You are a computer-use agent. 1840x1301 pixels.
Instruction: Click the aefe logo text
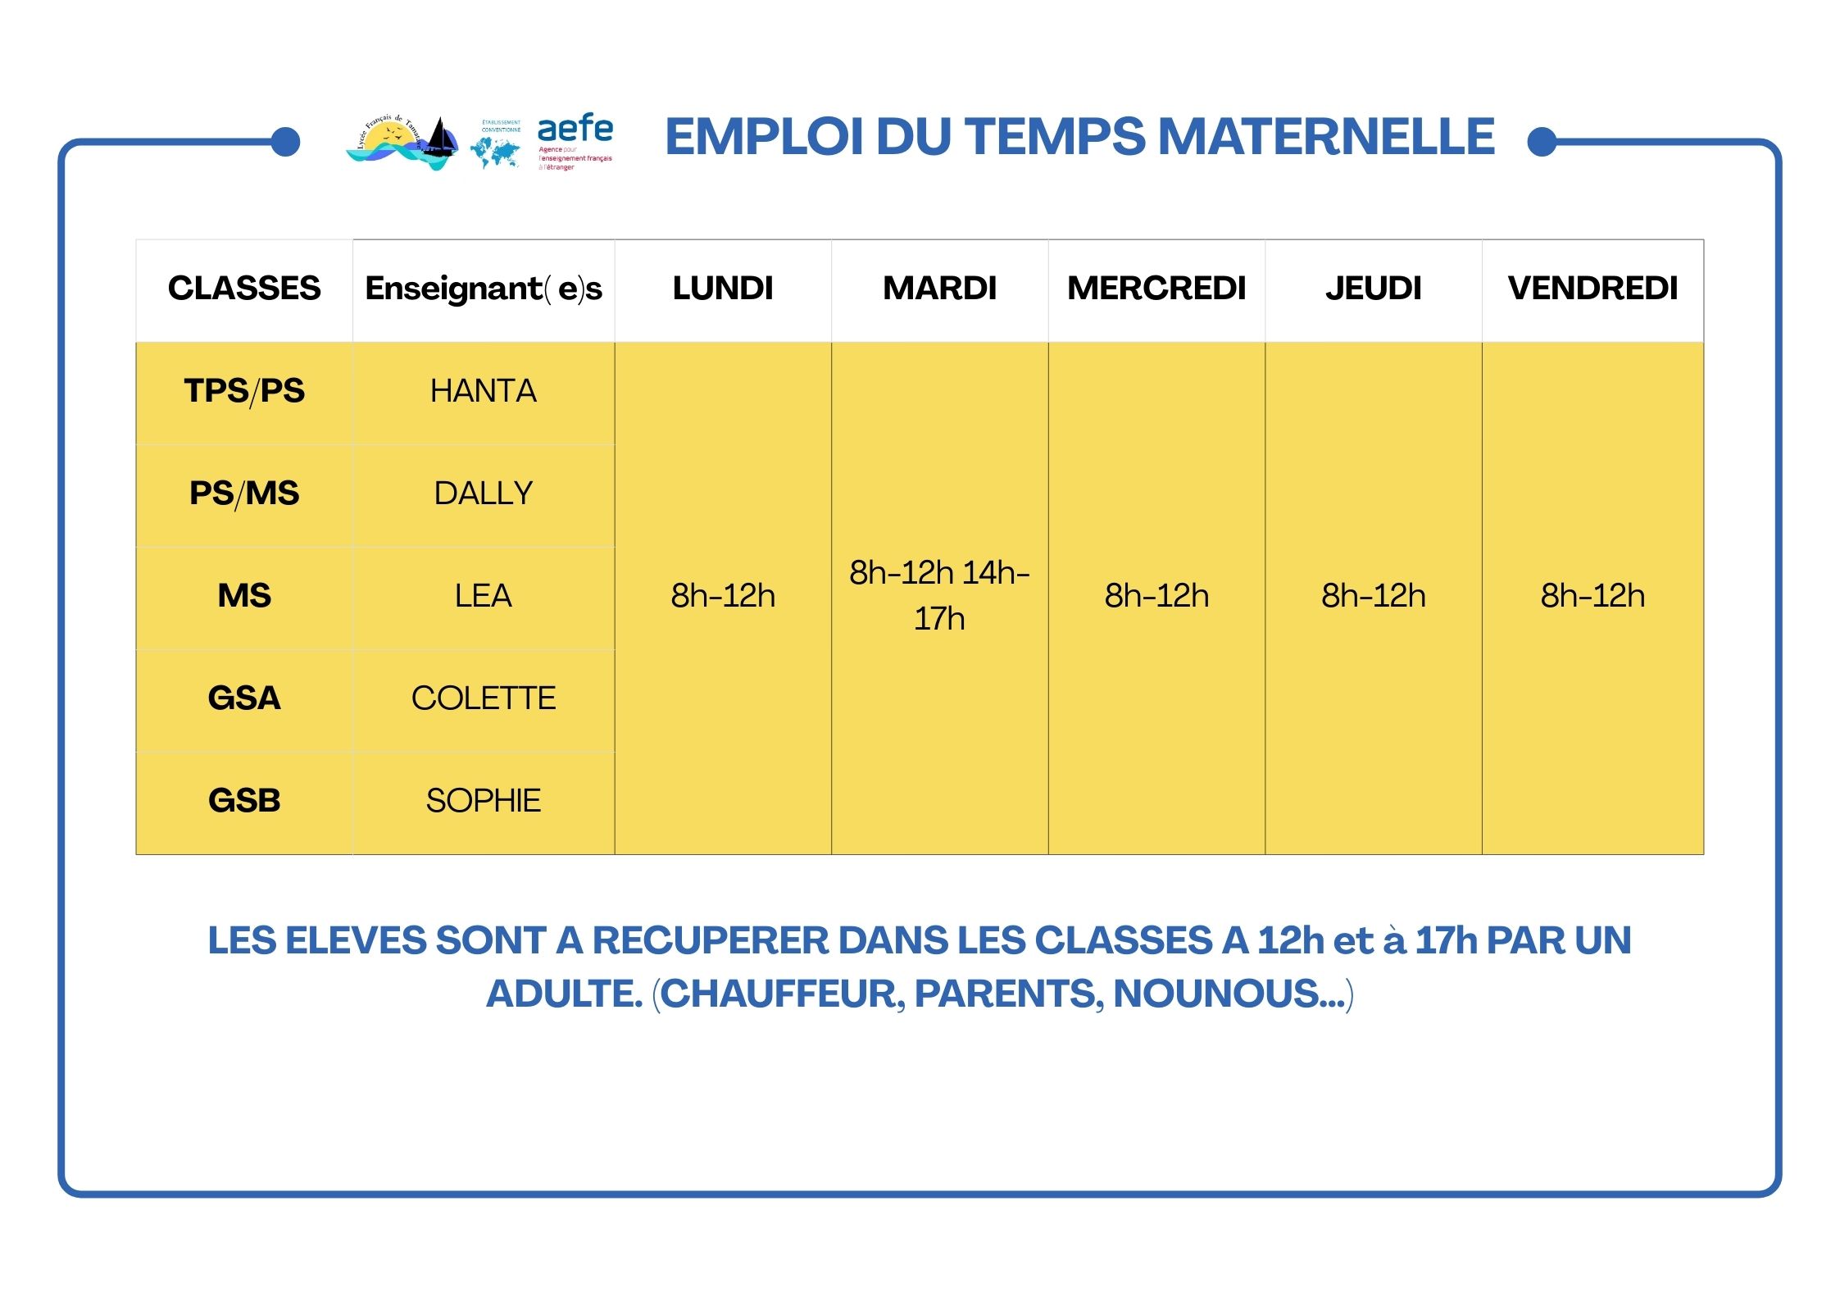575,130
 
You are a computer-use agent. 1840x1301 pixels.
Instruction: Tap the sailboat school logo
402,143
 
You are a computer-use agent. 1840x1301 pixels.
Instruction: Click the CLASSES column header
244,289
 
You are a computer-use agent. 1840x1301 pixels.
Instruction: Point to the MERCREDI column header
1156,289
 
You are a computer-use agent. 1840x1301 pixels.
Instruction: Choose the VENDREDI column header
1592,289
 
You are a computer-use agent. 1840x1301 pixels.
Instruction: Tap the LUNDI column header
722,289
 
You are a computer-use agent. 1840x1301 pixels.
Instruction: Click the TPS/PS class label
244,391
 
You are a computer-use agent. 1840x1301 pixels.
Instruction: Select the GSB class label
244,800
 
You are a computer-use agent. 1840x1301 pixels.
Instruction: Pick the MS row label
244,596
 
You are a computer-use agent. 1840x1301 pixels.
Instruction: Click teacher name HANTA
484,391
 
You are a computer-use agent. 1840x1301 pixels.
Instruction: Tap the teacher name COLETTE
484,698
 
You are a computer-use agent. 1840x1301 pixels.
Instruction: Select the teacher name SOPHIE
484,800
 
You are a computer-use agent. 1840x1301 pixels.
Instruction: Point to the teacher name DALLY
484,494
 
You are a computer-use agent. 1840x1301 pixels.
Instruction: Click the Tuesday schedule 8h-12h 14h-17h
939,595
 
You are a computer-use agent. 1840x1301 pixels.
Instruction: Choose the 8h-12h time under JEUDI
1373,596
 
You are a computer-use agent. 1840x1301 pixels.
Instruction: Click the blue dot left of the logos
285,142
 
